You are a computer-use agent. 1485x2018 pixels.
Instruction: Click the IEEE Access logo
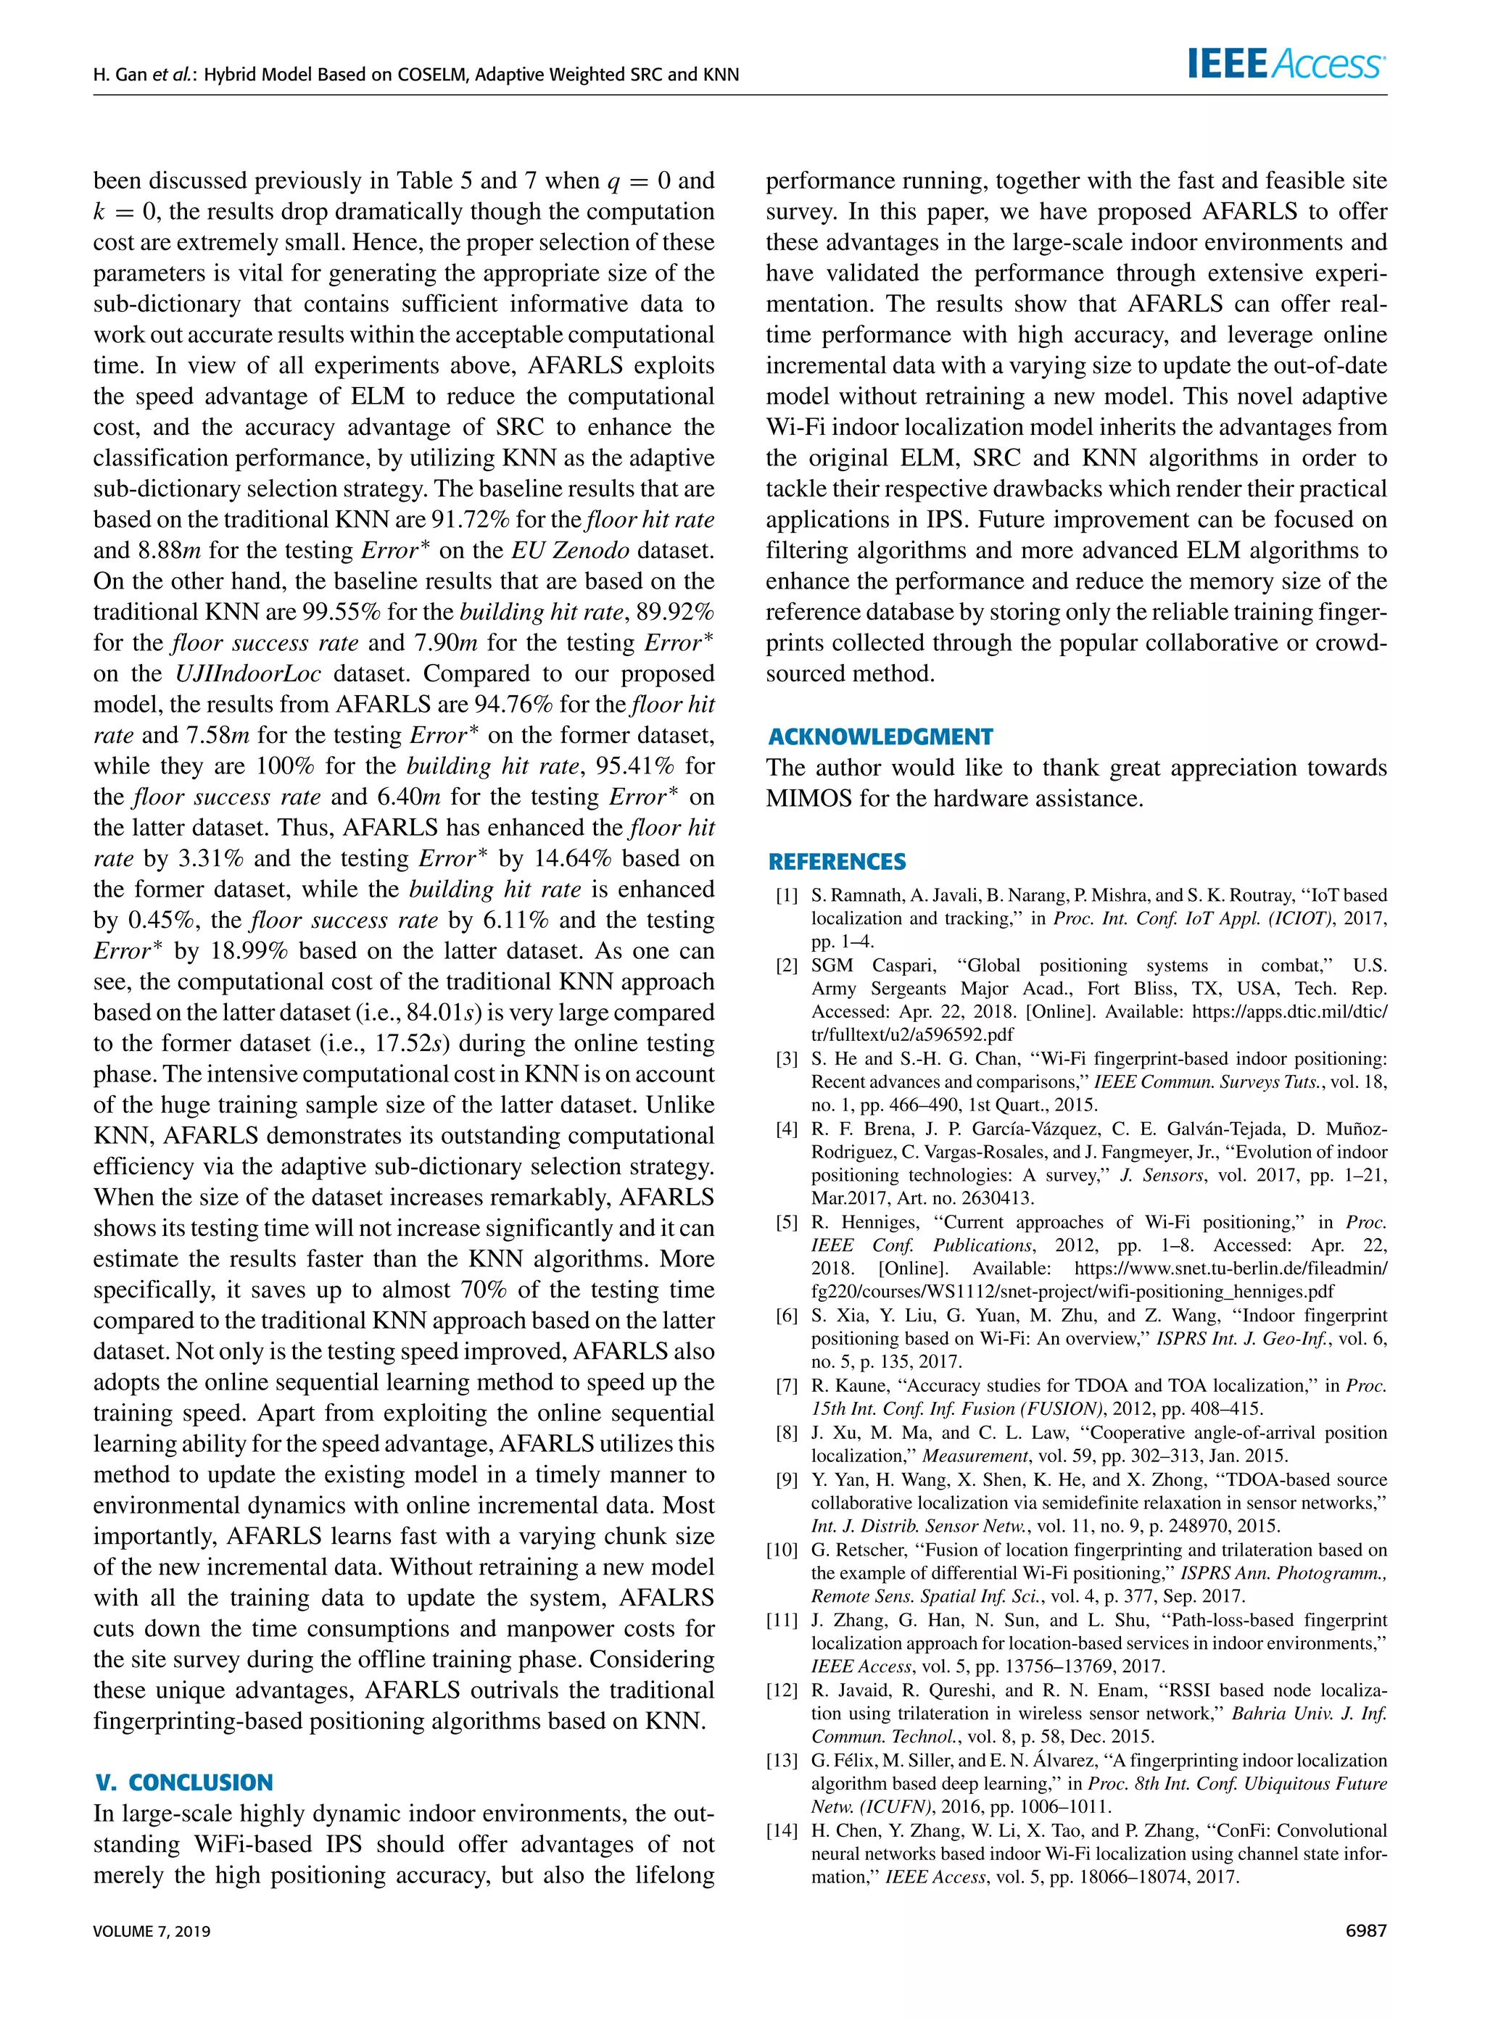coord(1286,63)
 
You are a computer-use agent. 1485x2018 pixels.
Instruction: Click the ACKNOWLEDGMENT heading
coord(880,736)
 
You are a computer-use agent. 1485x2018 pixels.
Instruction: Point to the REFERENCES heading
coord(837,862)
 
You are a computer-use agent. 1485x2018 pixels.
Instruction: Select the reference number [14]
coord(782,1830)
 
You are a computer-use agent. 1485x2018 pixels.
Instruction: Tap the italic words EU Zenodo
coord(571,551)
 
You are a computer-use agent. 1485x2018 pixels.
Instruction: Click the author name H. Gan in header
coord(120,75)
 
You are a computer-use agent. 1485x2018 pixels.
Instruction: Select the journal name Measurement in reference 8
coord(974,1456)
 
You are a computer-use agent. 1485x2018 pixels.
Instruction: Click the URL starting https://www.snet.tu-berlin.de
coord(1230,1268)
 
